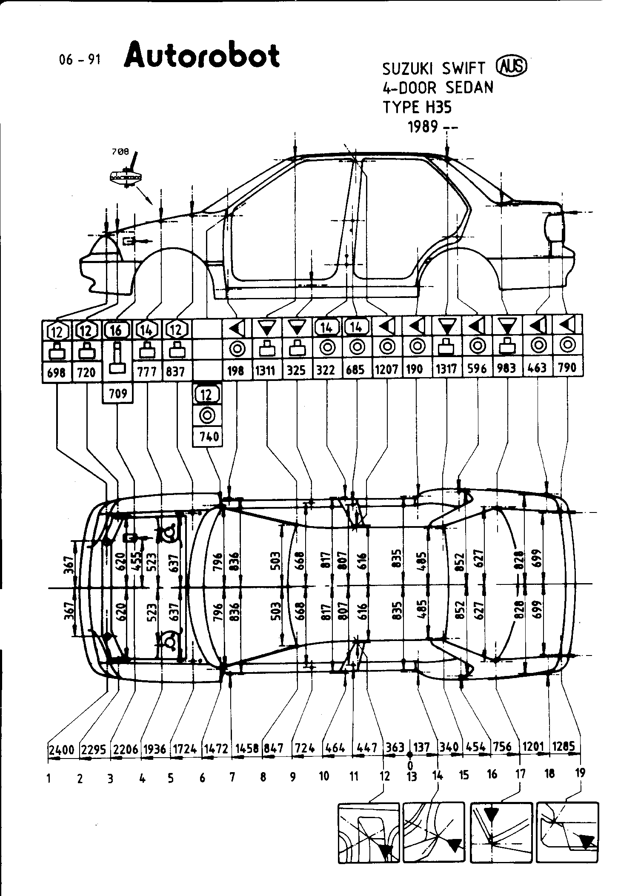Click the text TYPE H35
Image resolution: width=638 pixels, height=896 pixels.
pyautogui.click(x=417, y=107)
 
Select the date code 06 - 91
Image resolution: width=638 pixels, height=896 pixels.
pyautogui.click(x=80, y=60)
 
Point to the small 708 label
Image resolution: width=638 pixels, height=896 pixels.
pyautogui.click(x=120, y=152)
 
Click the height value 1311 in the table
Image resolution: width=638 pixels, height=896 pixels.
pyautogui.click(x=266, y=369)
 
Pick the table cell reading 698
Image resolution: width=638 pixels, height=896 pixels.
pyautogui.click(x=57, y=372)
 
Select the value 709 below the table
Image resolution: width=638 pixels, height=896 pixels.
pyautogui.click(x=118, y=393)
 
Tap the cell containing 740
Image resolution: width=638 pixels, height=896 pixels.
pyautogui.click(x=208, y=436)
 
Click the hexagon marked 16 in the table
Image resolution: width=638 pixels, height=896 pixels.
pyautogui.click(x=116, y=330)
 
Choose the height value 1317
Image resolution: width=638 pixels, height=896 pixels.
pyautogui.click(x=446, y=369)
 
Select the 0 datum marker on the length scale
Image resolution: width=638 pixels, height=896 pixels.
pyautogui.click(x=410, y=755)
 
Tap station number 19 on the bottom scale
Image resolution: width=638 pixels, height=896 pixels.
pyautogui.click(x=580, y=772)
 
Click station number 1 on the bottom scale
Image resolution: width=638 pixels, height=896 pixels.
pyautogui.click(x=49, y=779)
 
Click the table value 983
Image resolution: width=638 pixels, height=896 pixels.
pyautogui.click(x=506, y=368)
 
